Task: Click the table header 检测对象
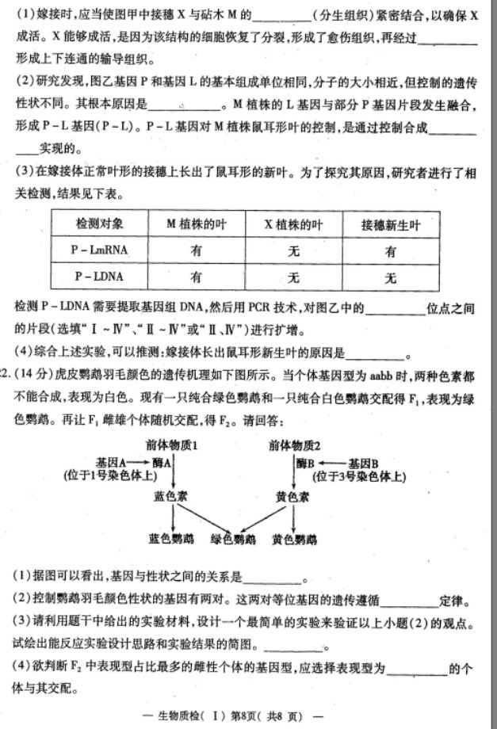(x=98, y=224)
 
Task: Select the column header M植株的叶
(x=195, y=224)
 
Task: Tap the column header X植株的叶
(x=293, y=224)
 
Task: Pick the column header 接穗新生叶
(x=389, y=224)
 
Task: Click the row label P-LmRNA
(x=98, y=250)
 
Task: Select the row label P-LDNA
(x=98, y=277)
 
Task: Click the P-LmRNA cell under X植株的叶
(x=293, y=250)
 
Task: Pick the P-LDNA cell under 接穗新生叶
(x=389, y=277)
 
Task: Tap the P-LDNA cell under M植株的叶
(x=195, y=277)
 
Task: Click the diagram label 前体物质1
(x=171, y=445)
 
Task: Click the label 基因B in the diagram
(x=364, y=461)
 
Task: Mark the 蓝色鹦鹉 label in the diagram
(x=170, y=539)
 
